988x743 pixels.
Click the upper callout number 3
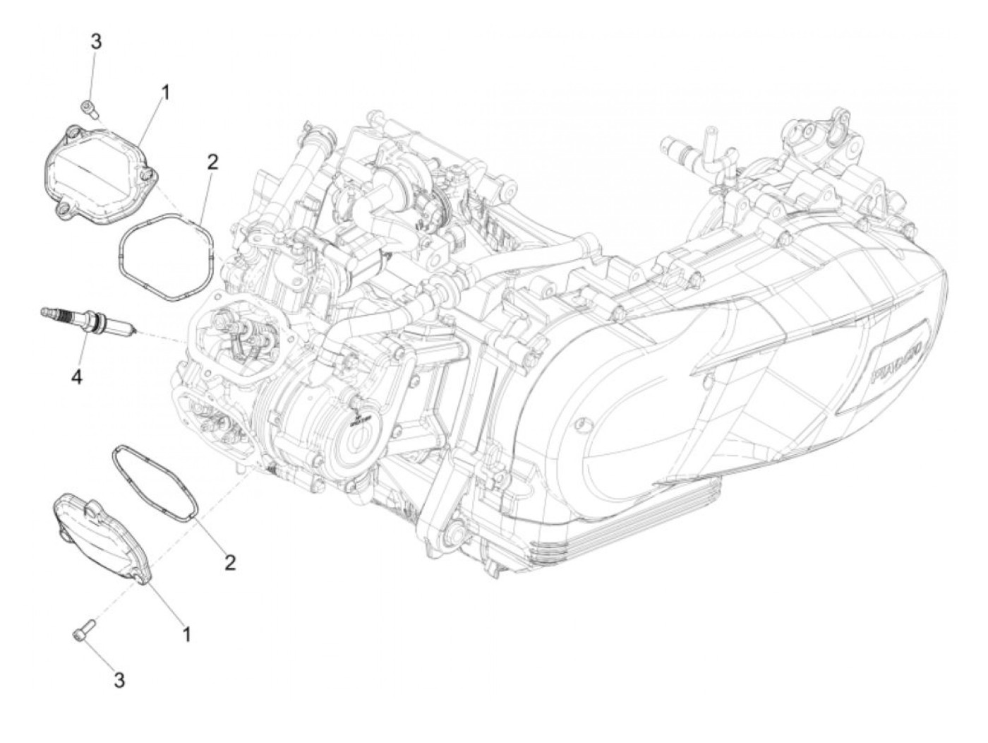tap(95, 42)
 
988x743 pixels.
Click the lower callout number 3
tap(119, 680)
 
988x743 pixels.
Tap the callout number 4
tap(76, 377)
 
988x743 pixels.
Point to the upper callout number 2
tap(212, 162)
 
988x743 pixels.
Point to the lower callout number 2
tap(229, 562)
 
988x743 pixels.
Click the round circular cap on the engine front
tap(356, 431)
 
